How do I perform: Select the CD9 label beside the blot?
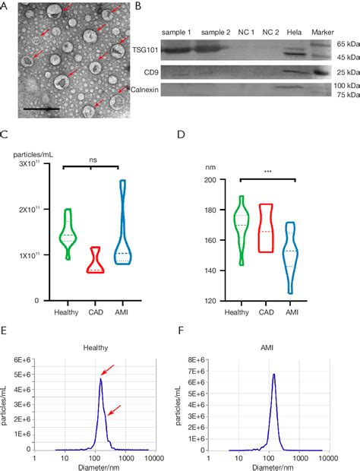(152, 73)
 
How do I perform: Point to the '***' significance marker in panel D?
(270, 194)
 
